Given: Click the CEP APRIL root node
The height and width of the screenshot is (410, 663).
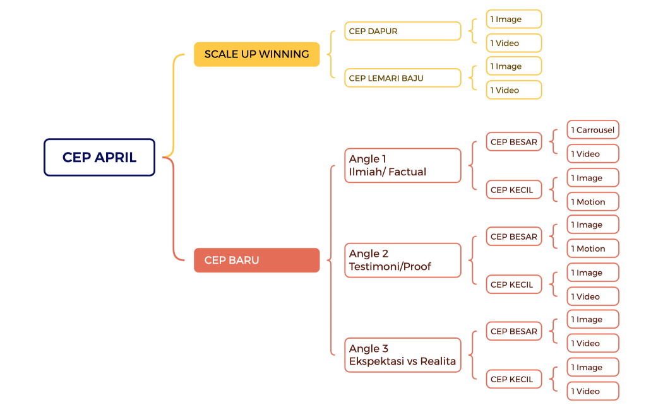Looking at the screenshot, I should click(x=99, y=157).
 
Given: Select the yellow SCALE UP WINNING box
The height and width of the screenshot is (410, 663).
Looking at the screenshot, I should click(x=256, y=54).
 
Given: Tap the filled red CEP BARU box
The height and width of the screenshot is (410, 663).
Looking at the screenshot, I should click(x=256, y=260).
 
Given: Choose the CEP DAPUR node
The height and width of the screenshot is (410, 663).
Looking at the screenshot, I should click(x=402, y=31).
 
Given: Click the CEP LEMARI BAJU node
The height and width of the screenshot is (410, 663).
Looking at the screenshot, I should click(x=402, y=78).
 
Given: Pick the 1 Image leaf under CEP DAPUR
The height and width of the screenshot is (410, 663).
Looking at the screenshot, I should click(x=513, y=19).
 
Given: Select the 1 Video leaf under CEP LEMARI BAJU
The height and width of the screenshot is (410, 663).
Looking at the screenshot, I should click(x=513, y=90).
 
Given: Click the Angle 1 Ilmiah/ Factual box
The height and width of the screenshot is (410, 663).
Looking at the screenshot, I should click(x=402, y=165).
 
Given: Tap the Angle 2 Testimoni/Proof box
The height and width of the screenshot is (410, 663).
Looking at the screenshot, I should click(x=402, y=260).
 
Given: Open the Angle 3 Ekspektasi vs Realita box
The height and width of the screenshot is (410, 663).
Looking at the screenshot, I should click(x=402, y=355).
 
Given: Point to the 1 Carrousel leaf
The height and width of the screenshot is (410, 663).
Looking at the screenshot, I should click(x=592, y=130).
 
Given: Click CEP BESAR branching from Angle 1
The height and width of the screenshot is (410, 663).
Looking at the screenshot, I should click(x=513, y=142).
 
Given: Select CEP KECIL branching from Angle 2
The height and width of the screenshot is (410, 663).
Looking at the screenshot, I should click(x=513, y=284).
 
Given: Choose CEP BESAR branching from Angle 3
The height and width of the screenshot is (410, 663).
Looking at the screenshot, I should click(x=513, y=331).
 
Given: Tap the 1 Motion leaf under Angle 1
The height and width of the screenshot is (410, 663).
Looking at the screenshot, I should click(x=592, y=202).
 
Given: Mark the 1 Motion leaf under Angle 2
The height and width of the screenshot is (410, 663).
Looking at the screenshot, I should click(x=592, y=249).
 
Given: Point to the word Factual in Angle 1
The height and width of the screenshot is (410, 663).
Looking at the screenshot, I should click(x=408, y=172).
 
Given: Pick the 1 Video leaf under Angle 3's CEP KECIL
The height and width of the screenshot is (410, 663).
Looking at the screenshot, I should click(x=592, y=391).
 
